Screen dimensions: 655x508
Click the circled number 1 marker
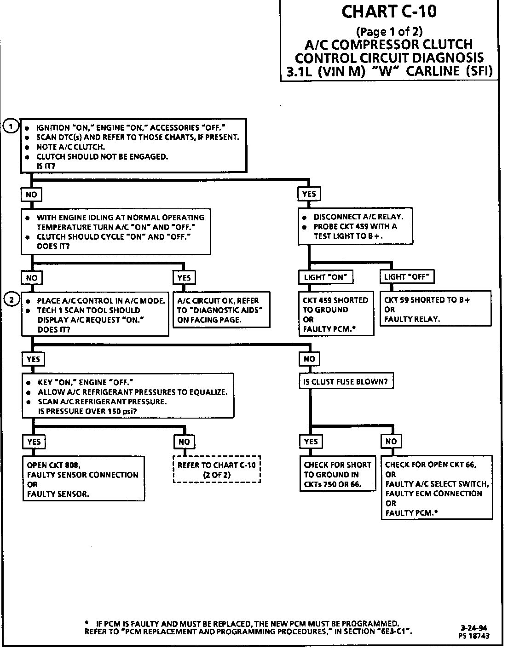[x=11, y=126]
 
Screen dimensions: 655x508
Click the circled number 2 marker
[x=11, y=300]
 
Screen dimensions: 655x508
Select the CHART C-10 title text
[x=389, y=11]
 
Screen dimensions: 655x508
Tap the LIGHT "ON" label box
[x=326, y=277]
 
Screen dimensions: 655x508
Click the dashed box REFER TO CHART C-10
[x=216, y=470]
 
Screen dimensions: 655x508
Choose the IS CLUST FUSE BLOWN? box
[x=346, y=381]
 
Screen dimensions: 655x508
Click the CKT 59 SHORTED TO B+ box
[x=435, y=309]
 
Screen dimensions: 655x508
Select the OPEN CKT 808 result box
[x=84, y=479]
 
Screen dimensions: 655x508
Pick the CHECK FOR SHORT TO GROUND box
[x=337, y=474]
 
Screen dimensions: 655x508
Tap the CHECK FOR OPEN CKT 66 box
[x=436, y=488]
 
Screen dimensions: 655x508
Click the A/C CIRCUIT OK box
[x=221, y=310]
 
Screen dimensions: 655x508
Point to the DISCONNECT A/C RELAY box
[x=356, y=226]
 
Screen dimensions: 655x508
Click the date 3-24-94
[x=473, y=628]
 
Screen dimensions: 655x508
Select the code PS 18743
[x=473, y=636]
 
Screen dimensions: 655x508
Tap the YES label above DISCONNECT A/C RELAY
[x=309, y=194]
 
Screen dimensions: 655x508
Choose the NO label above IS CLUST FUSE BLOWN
[x=309, y=359]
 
